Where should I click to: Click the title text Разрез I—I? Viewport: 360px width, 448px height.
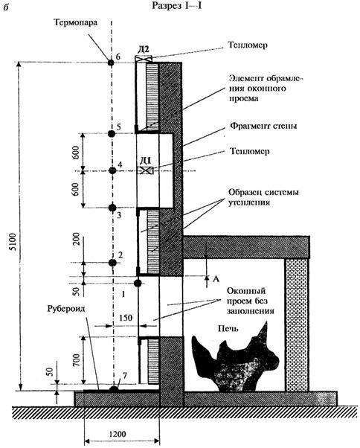(x=177, y=6)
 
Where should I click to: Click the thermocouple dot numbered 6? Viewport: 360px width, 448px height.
(x=111, y=62)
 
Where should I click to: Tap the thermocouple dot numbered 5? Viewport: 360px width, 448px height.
(x=112, y=133)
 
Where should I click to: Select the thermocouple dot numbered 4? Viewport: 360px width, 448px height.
(x=112, y=170)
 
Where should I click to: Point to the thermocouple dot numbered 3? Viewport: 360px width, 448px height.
(x=112, y=208)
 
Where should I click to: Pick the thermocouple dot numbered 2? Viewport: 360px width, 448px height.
(x=112, y=263)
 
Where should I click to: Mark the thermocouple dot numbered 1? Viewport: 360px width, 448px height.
(x=138, y=283)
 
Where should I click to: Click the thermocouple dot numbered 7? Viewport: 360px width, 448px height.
(x=114, y=389)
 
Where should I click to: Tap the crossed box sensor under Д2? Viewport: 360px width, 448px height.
(x=144, y=59)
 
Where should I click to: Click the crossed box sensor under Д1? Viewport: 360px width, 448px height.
(x=146, y=170)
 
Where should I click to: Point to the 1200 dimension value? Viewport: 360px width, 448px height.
(x=118, y=435)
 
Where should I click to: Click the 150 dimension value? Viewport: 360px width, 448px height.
(x=125, y=318)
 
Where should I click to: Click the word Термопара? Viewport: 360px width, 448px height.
(x=75, y=22)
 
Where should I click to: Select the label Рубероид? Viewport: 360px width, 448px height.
(x=66, y=309)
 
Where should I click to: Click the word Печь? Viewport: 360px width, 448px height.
(x=228, y=329)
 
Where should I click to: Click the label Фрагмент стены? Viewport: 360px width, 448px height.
(x=263, y=126)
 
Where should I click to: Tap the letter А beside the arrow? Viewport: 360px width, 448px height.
(x=216, y=278)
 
